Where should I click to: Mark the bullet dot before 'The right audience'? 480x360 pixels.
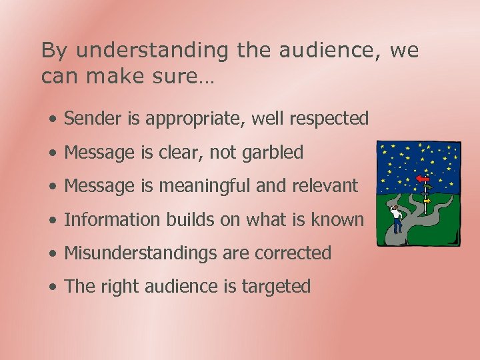click(53, 287)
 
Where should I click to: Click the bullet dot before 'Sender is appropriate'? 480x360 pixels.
click(53, 119)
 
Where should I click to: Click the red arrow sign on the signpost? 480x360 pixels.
click(421, 179)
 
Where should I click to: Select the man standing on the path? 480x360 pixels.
click(397, 219)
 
